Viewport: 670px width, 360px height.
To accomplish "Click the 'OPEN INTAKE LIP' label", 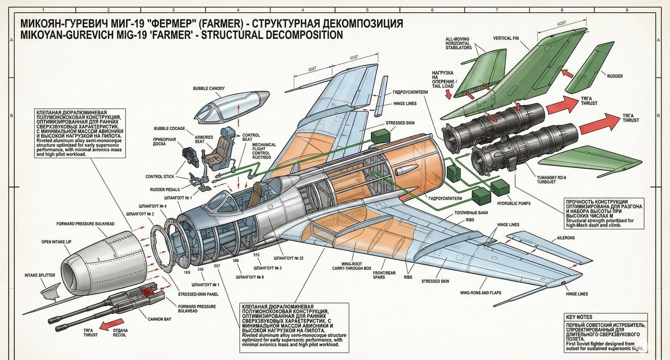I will point(60,242).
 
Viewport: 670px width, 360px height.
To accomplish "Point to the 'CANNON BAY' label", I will point(159,319).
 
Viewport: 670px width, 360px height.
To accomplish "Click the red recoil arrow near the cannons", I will point(108,325).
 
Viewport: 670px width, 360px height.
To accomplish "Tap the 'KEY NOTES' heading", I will point(579,317).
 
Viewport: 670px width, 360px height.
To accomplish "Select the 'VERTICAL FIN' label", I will point(506,38).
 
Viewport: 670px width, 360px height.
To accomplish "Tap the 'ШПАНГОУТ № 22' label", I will point(289,258).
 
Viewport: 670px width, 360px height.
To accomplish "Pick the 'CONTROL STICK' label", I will point(161,177).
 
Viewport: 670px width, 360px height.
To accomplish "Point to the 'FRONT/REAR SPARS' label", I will point(384,276).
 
